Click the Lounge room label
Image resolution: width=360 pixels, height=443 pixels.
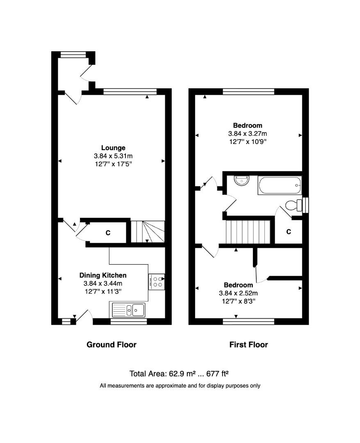[113, 148]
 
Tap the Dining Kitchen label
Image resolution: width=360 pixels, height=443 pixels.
[103, 275]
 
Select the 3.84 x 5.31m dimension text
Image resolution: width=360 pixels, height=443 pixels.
[113, 156]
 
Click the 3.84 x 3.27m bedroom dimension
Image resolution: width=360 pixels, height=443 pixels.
[247, 134]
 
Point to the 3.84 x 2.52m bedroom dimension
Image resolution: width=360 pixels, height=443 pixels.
[238, 293]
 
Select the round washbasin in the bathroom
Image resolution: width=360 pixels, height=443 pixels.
[242, 180]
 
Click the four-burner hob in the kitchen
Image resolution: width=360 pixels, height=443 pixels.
[156, 282]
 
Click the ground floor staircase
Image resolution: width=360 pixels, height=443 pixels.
[148, 231]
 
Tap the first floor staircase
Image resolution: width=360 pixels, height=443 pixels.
[248, 232]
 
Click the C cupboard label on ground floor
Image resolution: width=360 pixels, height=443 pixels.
[108, 233]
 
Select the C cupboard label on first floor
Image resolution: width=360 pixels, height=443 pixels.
[288, 232]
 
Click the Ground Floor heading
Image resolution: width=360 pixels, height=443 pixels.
[111, 345]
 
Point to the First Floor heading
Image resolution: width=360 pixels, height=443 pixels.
[248, 345]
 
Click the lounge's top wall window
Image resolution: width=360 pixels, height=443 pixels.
[130, 91]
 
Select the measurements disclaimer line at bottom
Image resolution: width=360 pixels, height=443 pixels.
[180, 386]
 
